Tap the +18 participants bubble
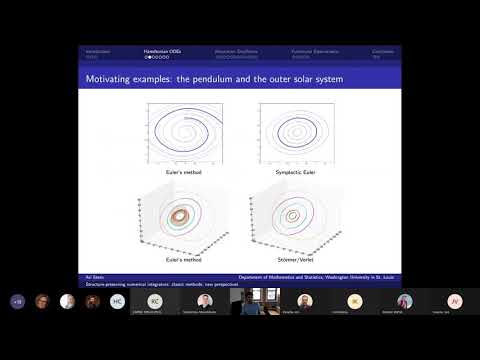pos(17,300)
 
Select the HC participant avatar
pos(117,301)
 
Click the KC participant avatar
pos(154,300)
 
